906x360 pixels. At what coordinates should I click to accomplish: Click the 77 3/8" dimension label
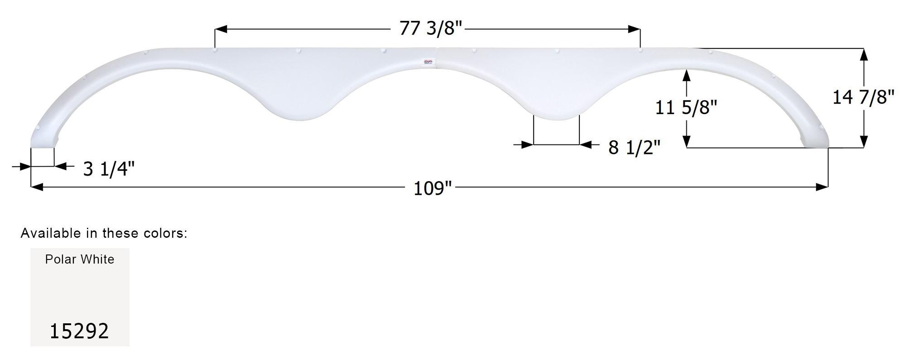point(430,29)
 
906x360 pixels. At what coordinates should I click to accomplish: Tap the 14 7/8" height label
point(863,97)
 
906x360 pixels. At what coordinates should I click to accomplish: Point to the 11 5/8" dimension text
point(686,108)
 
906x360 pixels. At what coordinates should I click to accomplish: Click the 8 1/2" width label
point(634,147)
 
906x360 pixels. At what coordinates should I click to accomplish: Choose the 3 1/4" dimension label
point(109,169)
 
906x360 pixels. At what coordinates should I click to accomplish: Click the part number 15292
point(79,331)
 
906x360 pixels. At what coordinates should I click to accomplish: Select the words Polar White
point(80,259)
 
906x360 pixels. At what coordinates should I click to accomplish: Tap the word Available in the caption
point(51,233)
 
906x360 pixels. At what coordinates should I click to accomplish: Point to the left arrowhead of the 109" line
point(36,187)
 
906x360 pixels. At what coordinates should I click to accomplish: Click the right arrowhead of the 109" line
point(822,187)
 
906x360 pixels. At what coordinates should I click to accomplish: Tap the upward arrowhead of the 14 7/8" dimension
point(863,55)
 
